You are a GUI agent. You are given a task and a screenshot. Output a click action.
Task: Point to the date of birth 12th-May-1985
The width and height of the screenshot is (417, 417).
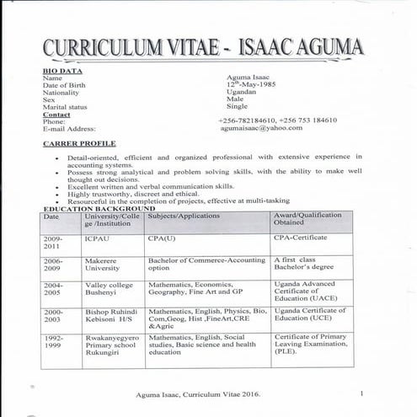(x=250, y=85)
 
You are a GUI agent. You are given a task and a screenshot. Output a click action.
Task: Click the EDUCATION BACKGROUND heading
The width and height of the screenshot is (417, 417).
(x=99, y=208)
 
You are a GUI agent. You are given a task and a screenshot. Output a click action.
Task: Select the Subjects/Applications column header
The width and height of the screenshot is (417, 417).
(x=183, y=216)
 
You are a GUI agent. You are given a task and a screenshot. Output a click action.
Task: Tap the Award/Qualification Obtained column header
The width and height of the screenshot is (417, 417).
(x=307, y=220)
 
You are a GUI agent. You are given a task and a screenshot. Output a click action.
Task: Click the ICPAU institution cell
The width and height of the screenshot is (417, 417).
(x=96, y=238)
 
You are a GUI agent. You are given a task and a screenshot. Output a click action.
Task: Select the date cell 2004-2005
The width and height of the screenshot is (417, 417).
(x=53, y=291)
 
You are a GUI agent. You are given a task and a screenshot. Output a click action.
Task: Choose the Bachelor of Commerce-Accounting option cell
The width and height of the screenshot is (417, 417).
(x=206, y=265)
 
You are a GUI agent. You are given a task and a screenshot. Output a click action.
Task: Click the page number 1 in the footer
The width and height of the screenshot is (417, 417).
(x=361, y=393)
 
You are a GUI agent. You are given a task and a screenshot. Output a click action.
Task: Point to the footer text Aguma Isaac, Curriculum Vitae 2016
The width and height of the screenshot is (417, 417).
(x=198, y=394)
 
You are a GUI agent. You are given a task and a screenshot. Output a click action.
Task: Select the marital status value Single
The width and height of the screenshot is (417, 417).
(x=237, y=107)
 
